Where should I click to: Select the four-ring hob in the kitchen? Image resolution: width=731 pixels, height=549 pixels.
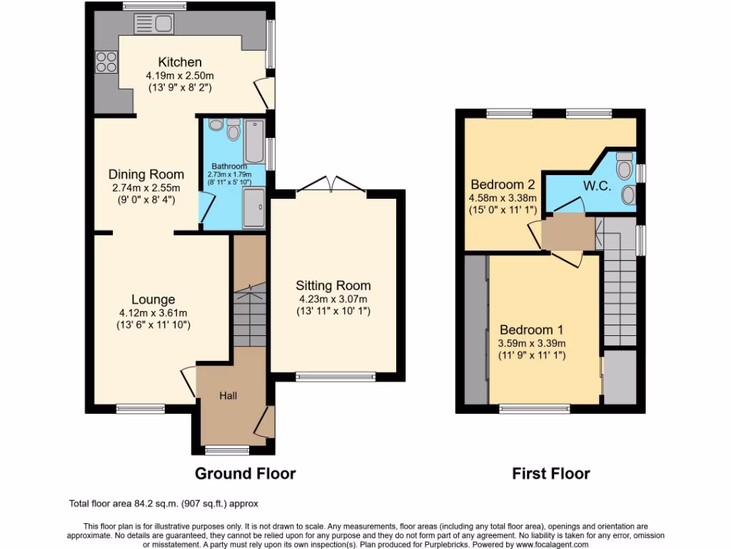[106, 63]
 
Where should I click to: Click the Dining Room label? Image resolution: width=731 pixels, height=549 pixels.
[146, 174]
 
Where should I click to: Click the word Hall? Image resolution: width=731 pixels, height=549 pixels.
[228, 395]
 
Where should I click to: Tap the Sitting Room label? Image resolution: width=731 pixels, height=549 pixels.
[335, 285]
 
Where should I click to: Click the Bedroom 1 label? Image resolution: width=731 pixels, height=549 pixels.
[531, 330]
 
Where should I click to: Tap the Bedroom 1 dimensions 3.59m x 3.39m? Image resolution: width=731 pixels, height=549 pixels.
[531, 342]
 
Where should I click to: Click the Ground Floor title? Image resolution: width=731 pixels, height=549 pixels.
[245, 473]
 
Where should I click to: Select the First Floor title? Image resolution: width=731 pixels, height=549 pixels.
[550, 473]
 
